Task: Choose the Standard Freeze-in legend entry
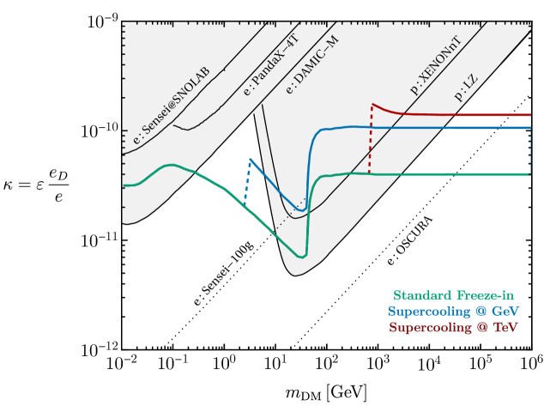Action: click(x=454, y=294)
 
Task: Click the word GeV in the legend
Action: click(x=505, y=311)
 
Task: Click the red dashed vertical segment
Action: click(x=370, y=142)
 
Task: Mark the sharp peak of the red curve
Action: click(x=372, y=104)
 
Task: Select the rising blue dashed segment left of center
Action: click(x=247, y=182)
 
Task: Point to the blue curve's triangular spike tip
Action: click(x=250, y=158)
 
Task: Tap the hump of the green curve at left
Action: click(x=172, y=164)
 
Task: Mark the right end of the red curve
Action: click(x=530, y=114)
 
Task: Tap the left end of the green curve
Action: click(x=124, y=185)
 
